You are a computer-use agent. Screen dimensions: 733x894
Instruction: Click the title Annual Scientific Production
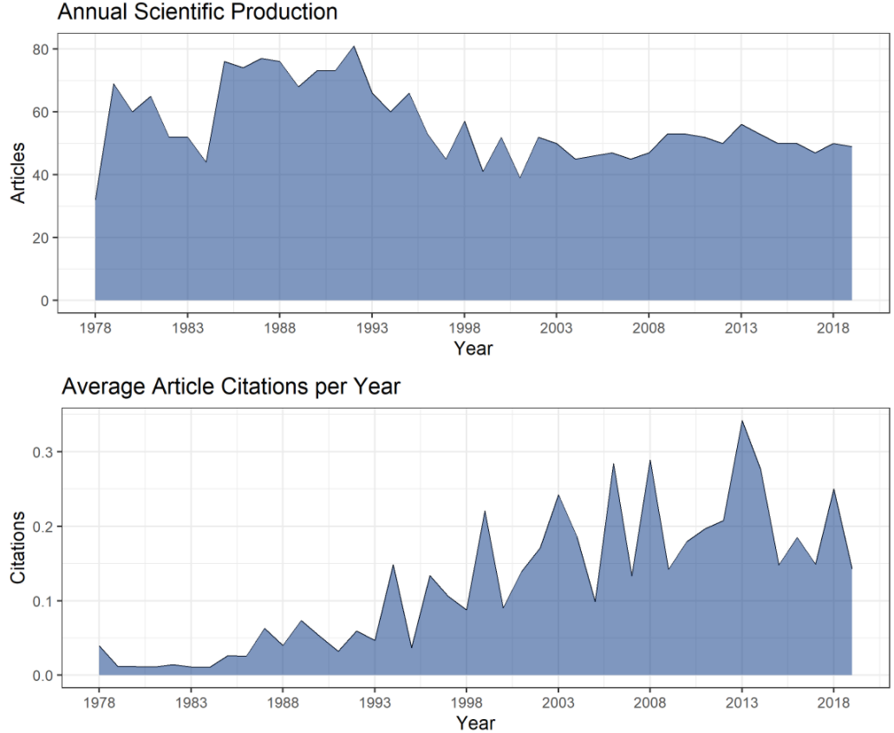[x=197, y=12]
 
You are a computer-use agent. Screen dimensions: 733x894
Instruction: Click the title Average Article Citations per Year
[x=231, y=386]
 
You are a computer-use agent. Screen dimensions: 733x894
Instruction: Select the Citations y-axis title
[x=17, y=551]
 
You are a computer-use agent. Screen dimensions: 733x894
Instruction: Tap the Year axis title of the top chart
[x=473, y=349]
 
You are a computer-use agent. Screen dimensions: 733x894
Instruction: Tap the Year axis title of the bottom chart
[x=475, y=722]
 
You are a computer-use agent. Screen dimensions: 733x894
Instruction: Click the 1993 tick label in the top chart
[x=372, y=328]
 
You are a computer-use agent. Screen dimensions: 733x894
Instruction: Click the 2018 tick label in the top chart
[x=833, y=328]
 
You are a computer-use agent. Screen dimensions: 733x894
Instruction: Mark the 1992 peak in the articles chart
[x=354, y=46]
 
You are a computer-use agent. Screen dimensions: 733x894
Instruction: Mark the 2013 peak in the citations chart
[x=741, y=421]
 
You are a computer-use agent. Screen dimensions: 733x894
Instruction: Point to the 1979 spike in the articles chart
[x=114, y=84]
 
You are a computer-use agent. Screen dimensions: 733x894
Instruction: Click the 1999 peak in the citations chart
[x=484, y=511]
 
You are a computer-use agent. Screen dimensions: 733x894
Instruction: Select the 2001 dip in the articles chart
[x=519, y=178]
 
